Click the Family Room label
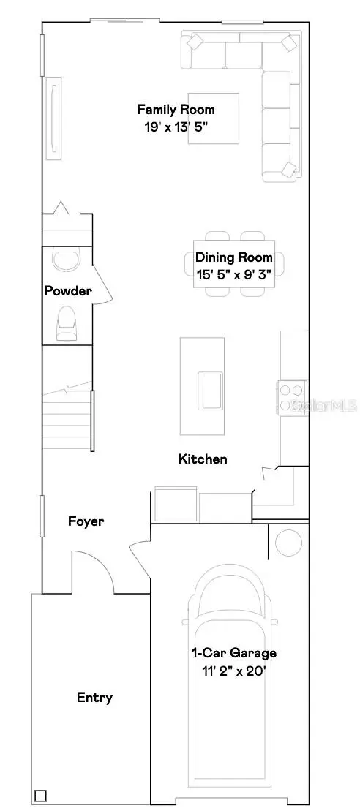pos(176,110)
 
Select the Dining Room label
pos(233,257)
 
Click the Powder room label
pos(68,291)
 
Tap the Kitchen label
pos(203,459)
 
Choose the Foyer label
pos(86,521)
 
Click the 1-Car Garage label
pos(233,653)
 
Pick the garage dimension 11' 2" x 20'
pos(233,669)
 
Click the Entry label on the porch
pos(95,698)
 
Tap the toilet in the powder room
pos(67,320)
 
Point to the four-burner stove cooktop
pos(292,399)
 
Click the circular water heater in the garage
pos(288,543)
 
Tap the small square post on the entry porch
pos(40,796)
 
